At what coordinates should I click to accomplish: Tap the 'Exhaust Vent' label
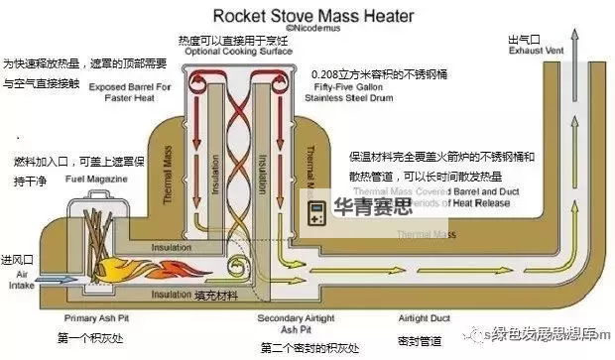click(x=536, y=47)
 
